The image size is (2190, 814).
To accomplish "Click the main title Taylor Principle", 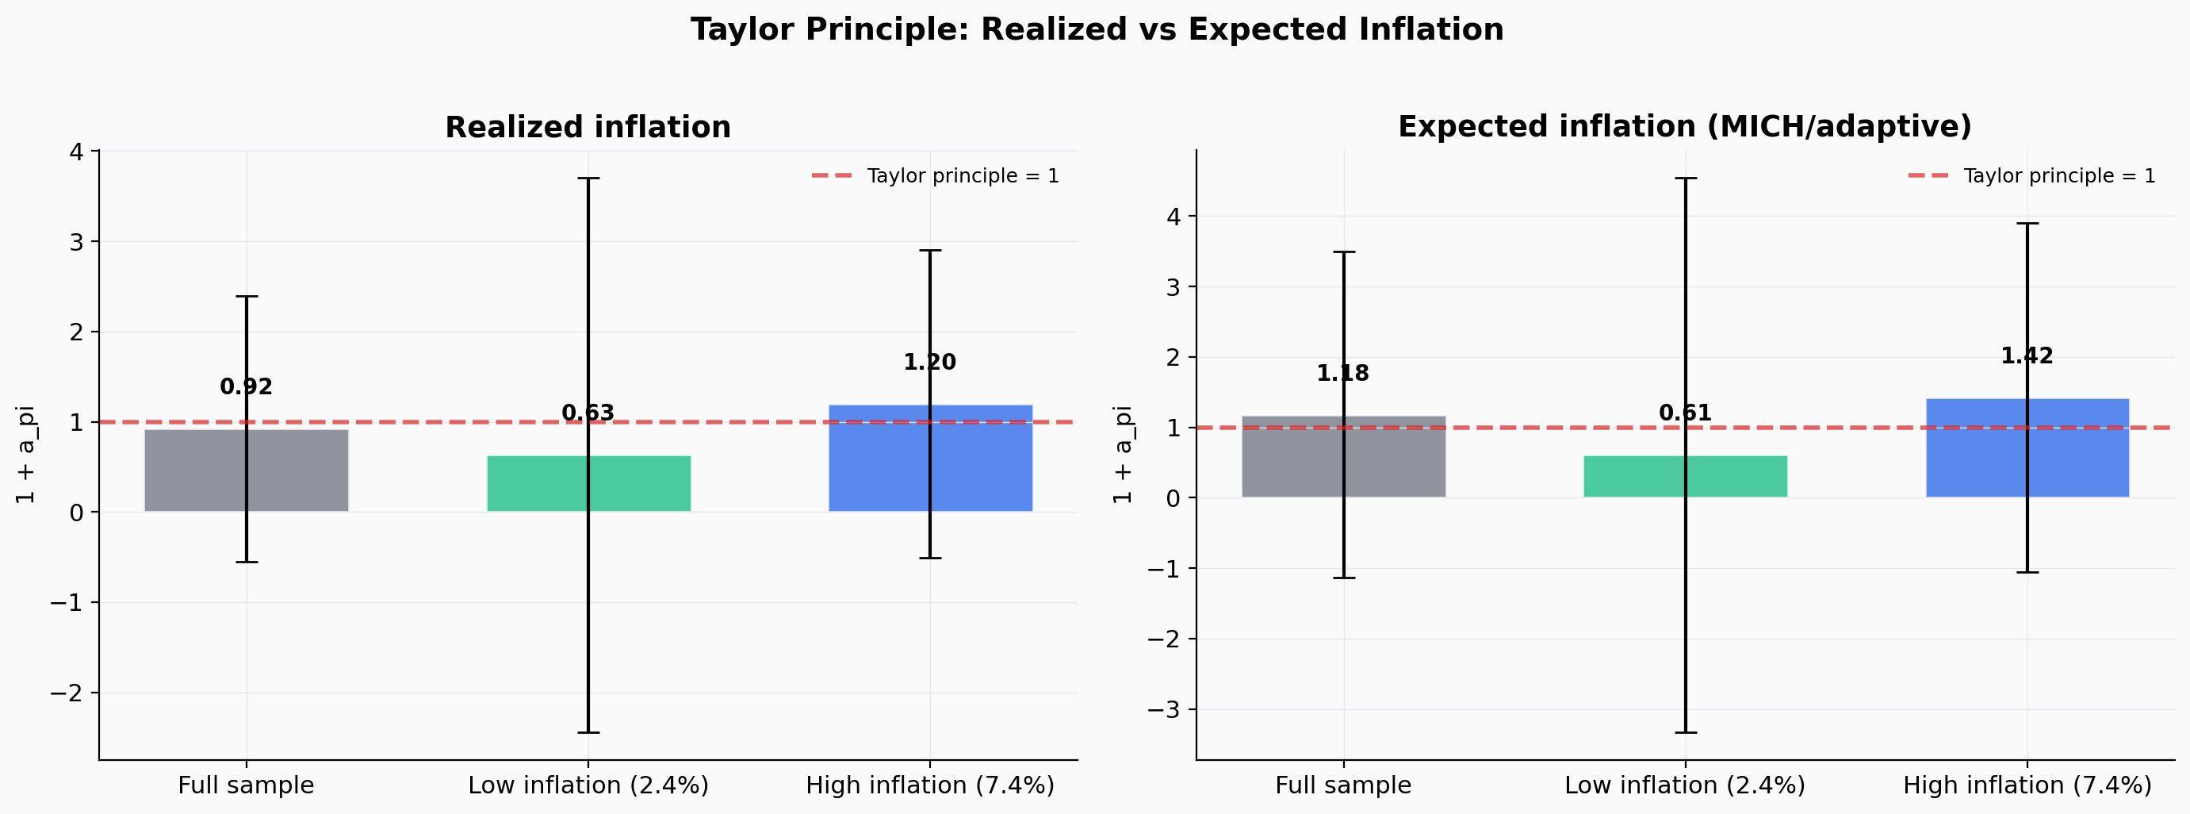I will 1097,30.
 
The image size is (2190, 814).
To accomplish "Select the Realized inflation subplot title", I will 588,128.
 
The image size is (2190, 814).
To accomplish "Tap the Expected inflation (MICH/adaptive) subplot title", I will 1684,127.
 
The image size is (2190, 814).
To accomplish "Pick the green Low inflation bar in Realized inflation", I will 544,484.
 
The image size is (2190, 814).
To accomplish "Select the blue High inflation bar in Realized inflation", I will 884,459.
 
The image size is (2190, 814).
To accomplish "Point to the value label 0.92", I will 246,387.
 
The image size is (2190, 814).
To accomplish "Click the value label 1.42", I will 2027,356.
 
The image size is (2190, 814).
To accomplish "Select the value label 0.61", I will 1685,413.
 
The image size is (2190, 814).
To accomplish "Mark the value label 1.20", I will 929,363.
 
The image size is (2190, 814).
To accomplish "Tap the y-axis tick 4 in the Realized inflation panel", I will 76,152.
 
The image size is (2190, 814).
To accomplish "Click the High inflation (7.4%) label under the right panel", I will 2027,785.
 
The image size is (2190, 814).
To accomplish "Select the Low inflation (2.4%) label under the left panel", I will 588,785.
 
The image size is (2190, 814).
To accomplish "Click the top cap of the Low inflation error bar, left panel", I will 588,179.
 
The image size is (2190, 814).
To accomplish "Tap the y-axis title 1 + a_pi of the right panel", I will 1122,455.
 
